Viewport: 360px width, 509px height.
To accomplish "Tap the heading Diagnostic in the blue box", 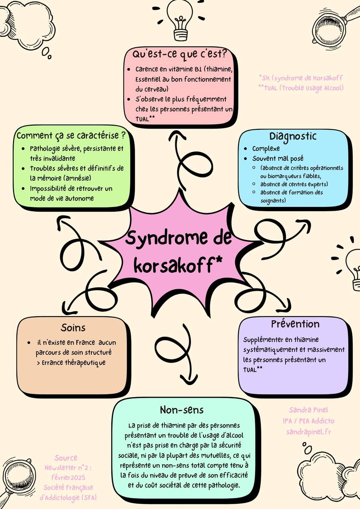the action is [293, 136].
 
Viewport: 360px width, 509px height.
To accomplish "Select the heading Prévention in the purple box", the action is [295, 324].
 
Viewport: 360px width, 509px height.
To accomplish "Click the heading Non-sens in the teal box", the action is [181, 410].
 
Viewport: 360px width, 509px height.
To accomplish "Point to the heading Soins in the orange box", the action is [73, 327].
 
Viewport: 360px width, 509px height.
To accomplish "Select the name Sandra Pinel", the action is [309, 410].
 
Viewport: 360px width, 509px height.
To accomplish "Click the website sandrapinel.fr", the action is [309, 431].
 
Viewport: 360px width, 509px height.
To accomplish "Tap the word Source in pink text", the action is [66, 458].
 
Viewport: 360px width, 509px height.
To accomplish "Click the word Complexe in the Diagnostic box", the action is [266, 149].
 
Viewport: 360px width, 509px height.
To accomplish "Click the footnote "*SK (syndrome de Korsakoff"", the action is [301, 78].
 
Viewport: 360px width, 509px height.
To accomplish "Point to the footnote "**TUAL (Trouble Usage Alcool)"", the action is [301, 88].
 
